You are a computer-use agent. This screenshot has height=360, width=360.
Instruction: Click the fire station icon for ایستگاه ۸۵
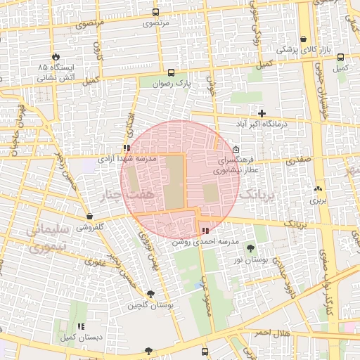coord(56,56)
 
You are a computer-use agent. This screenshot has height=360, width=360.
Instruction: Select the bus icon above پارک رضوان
coord(171,72)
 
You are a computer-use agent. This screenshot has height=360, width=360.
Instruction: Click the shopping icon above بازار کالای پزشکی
coord(302,39)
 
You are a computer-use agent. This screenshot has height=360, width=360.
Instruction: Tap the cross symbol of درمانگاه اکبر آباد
coord(262,112)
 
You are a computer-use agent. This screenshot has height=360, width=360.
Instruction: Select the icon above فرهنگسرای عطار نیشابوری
coord(235,149)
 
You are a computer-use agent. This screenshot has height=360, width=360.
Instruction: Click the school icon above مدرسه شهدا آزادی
coord(127,148)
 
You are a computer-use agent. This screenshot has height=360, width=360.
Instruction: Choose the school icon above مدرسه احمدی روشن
coord(205,231)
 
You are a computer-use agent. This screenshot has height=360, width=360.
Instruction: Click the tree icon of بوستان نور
coord(251,249)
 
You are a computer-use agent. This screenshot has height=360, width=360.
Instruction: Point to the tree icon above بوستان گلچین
coord(150,294)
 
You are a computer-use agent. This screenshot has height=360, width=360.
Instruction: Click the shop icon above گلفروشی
coord(89,216)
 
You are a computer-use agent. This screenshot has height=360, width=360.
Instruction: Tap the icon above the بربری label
coord(319,188)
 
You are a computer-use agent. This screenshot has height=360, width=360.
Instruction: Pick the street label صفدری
coord(297,160)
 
